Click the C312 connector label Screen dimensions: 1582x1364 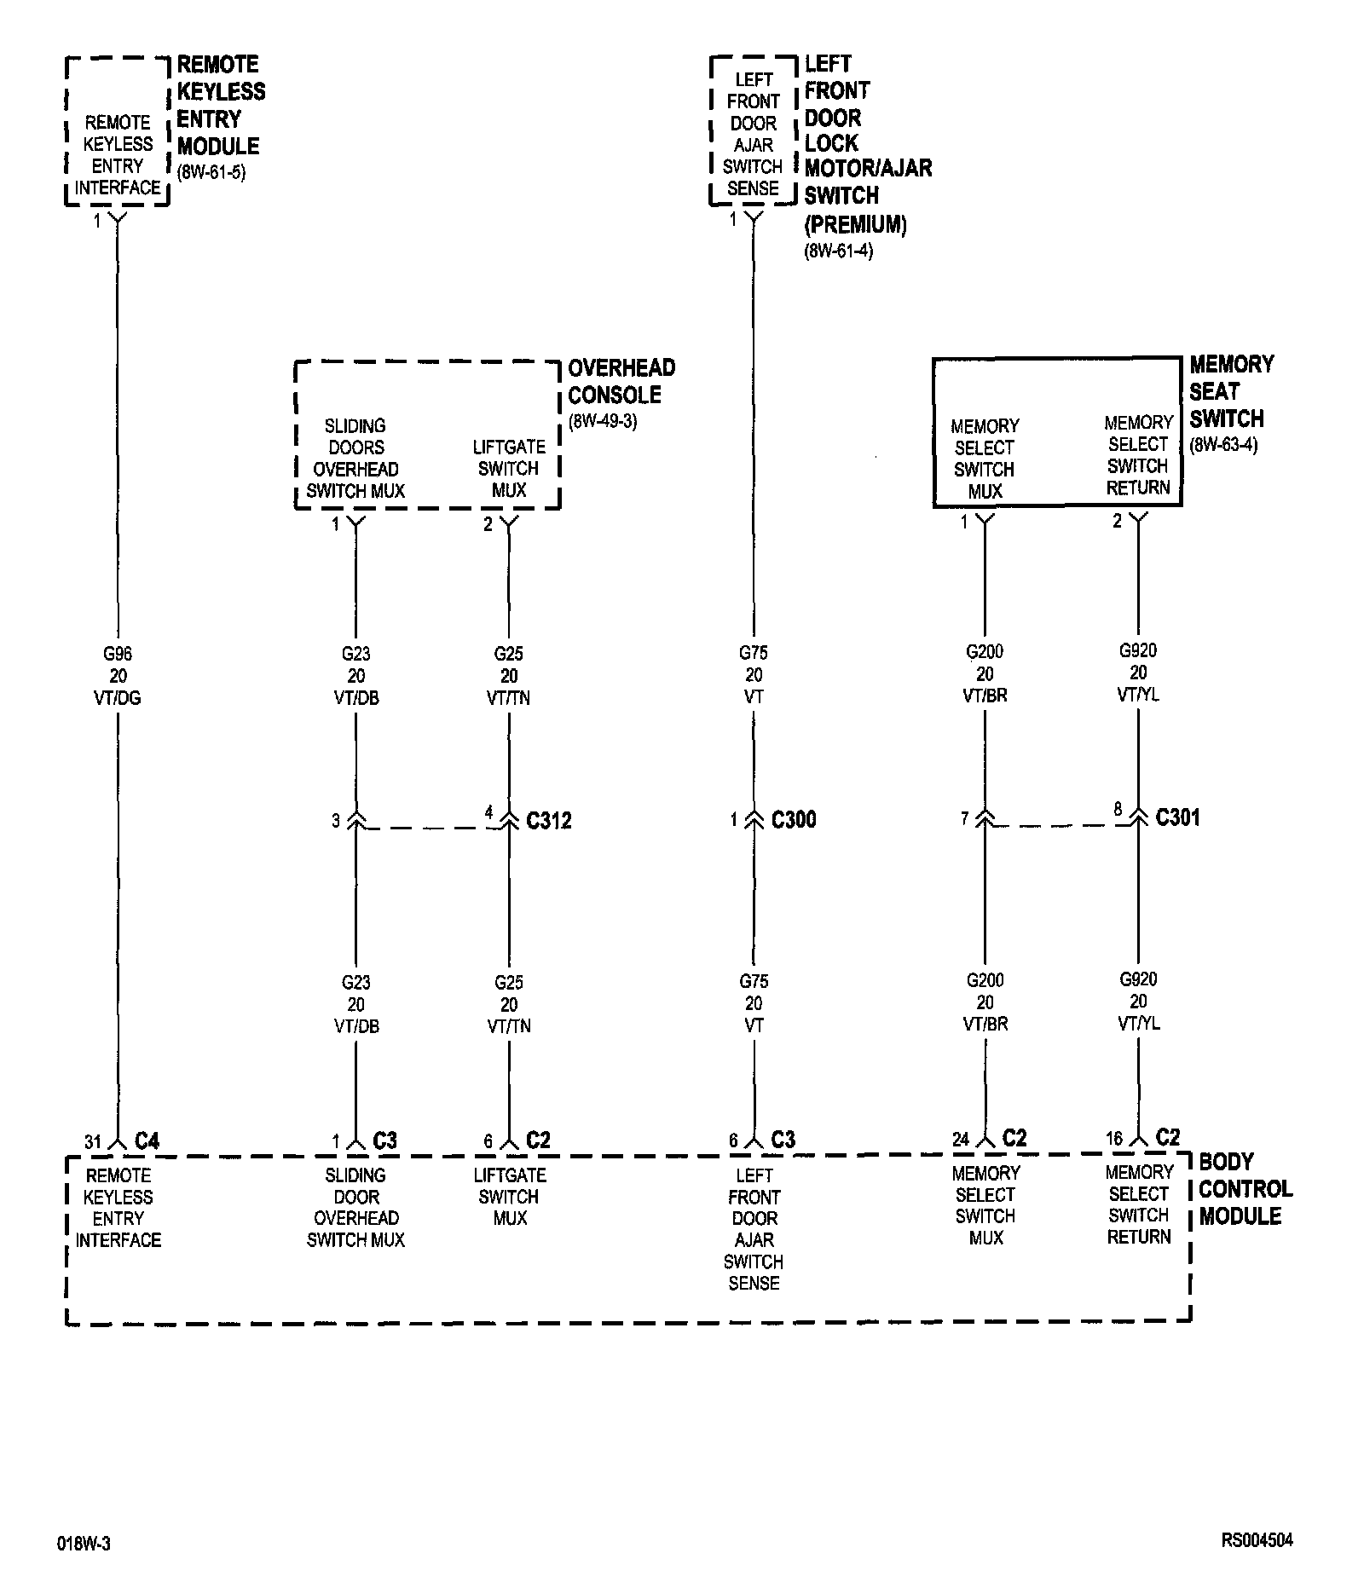coord(549,821)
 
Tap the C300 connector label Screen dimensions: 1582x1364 coord(794,820)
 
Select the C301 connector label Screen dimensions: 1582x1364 coord(1177,818)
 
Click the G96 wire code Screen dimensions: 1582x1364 coord(118,655)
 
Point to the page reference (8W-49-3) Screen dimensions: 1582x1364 coord(603,422)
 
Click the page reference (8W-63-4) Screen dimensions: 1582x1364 coord(1223,445)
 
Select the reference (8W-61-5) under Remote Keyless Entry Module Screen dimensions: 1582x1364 coord(211,173)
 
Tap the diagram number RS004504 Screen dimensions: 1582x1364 coord(1257,1540)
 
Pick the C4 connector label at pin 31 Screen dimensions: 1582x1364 coord(147,1140)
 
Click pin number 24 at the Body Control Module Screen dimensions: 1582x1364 coord(961,1140)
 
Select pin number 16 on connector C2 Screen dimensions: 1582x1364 coord(1114,1139)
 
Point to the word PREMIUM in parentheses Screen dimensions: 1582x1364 coord(855,225)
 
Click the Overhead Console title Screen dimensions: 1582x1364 coord(621,382)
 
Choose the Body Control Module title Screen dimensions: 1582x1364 coord(1245,1189)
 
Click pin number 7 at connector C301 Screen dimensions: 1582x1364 coord(965,819)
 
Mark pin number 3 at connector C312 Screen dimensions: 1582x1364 coord(336,821)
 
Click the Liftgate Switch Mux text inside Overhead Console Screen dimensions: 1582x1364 coord(509,468)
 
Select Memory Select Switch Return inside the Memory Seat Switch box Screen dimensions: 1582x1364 coord(1137,455)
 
